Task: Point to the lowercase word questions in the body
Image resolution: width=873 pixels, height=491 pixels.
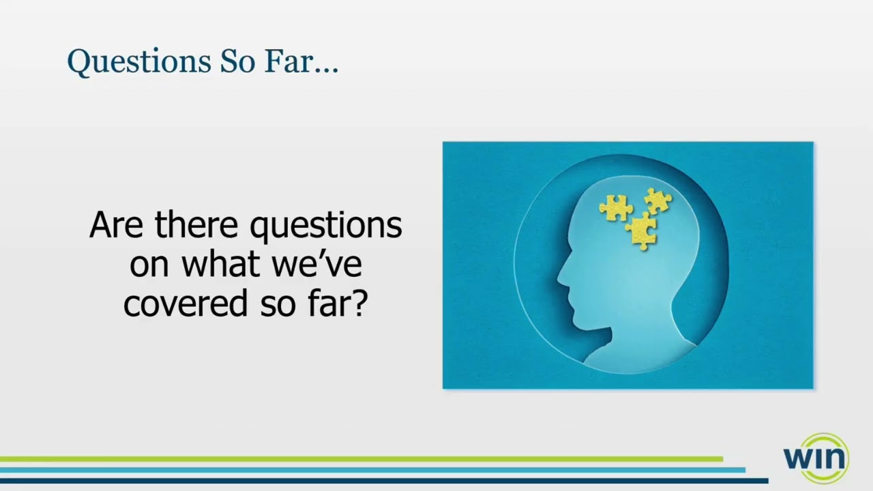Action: (x=325, y=226)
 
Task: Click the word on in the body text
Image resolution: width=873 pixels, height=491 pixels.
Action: (x=149, y=265)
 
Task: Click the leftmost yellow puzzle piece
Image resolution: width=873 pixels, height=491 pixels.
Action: (x=616, y=208)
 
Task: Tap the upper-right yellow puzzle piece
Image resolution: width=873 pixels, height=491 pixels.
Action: (x=657, y=200)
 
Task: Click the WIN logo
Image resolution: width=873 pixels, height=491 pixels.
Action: (x=816, y=458)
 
